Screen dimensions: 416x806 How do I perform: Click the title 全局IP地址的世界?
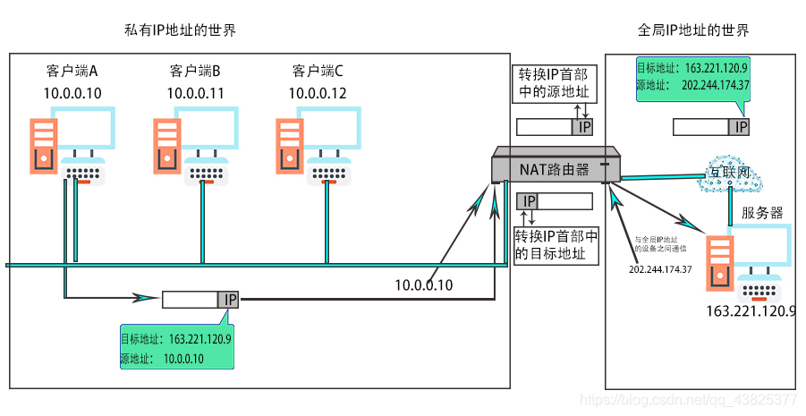(x=693, y=30)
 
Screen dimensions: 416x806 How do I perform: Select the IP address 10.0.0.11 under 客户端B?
(x=195, y=92)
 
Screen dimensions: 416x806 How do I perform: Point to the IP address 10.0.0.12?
(x=318, y=92)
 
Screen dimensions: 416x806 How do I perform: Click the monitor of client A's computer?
(x=83, y=129)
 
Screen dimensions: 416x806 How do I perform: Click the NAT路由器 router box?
(x=555, y=166)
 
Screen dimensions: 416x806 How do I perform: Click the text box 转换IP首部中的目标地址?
(x=556, y=244)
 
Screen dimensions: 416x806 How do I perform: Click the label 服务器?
(x=762, y=213)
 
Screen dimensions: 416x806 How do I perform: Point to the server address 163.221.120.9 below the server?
(x=751, y=311)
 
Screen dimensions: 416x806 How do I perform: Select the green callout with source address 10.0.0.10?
(x=176, y=348)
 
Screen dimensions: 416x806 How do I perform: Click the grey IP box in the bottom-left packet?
(x=229, y=300)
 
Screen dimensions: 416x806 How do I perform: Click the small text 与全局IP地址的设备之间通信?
(x=661, y=246)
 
